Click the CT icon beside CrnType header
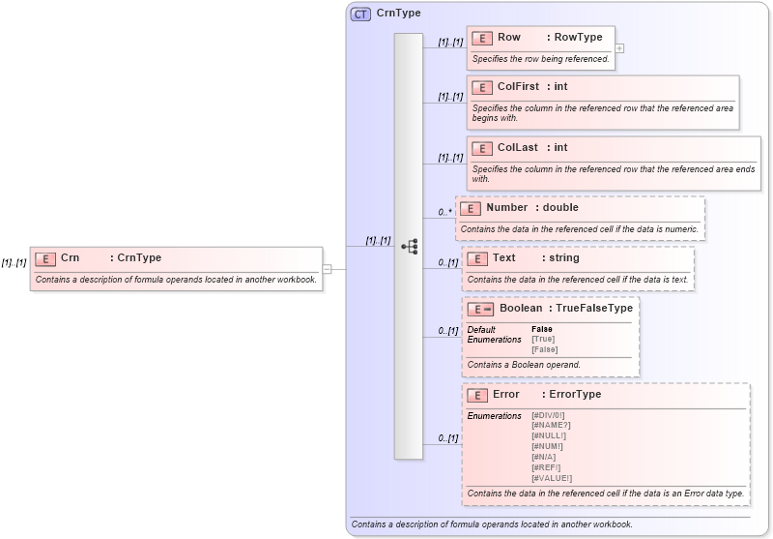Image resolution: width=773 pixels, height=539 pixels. [x=360, y=14]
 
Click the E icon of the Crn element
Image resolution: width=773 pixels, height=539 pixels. [x=45, y=258]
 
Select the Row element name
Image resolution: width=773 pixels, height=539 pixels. [x=509, y=38]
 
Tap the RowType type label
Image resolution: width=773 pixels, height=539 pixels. [x=574, y=38]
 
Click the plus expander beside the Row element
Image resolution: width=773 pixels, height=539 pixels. [x=619, y=47]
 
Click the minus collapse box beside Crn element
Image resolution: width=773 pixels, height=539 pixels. [x=328, y=269]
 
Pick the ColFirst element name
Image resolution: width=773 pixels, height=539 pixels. [x=519, y=87]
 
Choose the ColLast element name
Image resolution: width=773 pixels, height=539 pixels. [x=517, y=148]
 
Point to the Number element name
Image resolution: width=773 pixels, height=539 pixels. [x=506, y=208]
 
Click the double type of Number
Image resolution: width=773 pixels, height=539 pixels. [x=560, y=208]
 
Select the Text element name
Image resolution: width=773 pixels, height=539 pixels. [x=503, y=258]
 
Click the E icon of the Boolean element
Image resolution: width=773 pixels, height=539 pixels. [x=480, y=310]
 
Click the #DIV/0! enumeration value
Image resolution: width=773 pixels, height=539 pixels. [x=548, y=415]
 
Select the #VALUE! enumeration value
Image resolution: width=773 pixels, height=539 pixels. [x=551, y=478]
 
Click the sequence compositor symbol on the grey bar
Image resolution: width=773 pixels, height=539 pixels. [x=409, y=247]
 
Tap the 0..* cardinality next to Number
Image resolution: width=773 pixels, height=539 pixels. [x=444, y=212]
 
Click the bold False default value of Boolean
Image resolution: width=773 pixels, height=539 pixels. [x=542, y=329]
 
